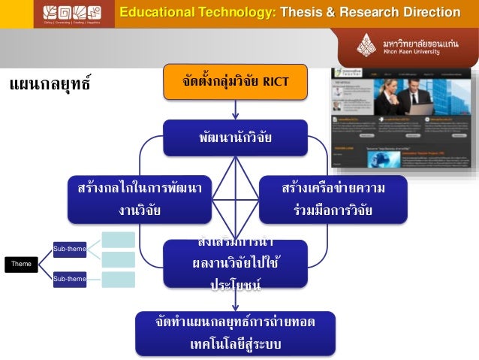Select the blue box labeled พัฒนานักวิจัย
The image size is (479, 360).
(x=235, y=138)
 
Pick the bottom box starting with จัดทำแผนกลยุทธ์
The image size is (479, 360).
(x=235, y=333)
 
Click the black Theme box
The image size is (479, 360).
(x=21, y=264)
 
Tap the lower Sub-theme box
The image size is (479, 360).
(x=68, y=279)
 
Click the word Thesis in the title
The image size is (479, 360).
(x=301, y=12)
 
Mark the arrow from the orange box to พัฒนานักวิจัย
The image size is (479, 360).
(x=235, y=110)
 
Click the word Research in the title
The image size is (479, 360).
(x=366, y=12)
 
